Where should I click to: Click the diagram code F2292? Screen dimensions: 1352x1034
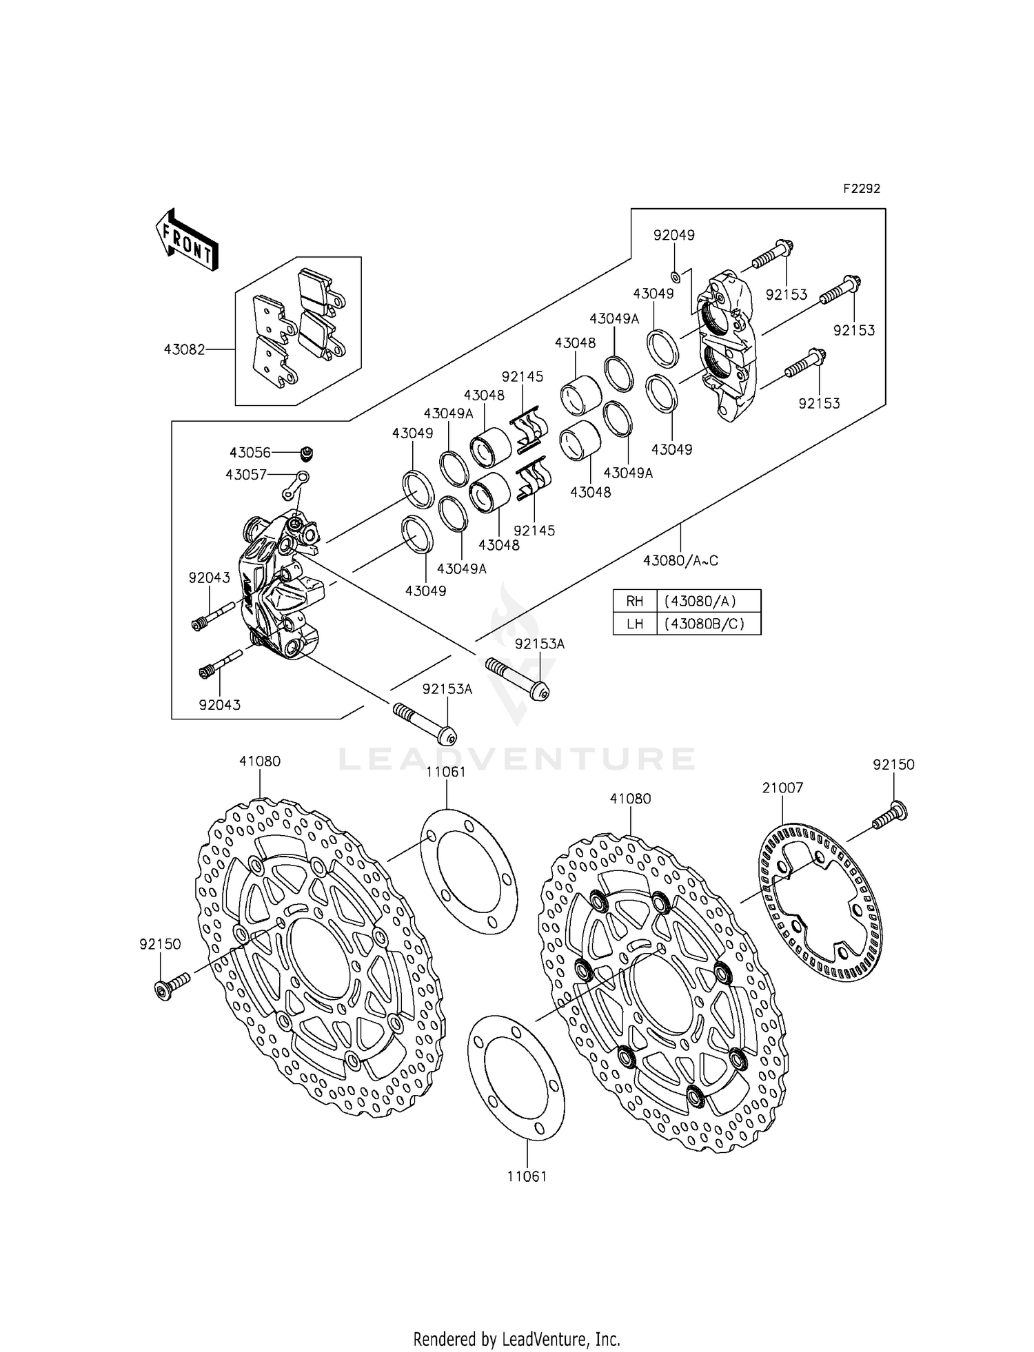click(861, 189)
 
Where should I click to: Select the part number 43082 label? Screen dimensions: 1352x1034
click(184, 349)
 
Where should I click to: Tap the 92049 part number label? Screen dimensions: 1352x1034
click(673, 235)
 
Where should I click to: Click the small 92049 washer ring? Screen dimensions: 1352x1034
click(676, 277)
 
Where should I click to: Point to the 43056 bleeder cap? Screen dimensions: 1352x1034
click(307, 453)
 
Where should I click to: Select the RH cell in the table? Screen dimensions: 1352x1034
click(634, 601)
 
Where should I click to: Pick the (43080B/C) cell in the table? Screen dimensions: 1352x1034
click(709, 624)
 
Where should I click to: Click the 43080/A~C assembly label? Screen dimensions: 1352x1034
click(680, 561)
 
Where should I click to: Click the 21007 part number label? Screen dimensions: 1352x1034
click(782, 788)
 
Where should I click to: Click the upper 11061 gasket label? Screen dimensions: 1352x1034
click(446, 772)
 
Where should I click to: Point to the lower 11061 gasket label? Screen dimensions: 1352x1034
click(527, 1176)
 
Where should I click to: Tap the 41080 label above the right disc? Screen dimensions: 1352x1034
click(630, 799)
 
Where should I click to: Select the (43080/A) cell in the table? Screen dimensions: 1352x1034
click(709, 601)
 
